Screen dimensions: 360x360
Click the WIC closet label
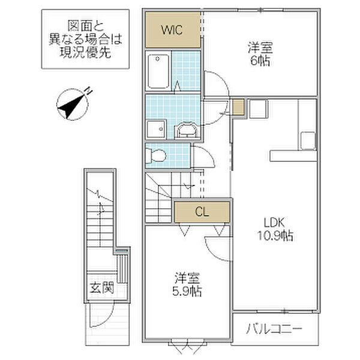click(x=172, y=29)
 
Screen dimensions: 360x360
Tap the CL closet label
click(x=202, y=212)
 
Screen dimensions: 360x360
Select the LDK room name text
click(x=274, y=223)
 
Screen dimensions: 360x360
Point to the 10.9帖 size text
click(x=275, y=236)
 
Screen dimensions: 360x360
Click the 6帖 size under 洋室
click(x=260, y=61)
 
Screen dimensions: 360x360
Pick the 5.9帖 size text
click(x=187, y=291)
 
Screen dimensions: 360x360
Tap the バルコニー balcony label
click(x=274, y=329)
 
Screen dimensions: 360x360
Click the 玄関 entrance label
click(x=102, y=287)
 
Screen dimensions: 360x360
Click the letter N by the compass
click(x=88, y=91)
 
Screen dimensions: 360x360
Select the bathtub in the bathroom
click(x=158, y=71)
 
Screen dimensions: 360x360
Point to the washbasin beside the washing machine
click(x=187, y=130)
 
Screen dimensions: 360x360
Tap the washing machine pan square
click(x=157, y=129)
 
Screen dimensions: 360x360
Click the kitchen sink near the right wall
click(x=308, y=140)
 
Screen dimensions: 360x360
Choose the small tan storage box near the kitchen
click(x=238, y=107)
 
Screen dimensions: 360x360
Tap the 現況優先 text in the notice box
click(x=85, y=53)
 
